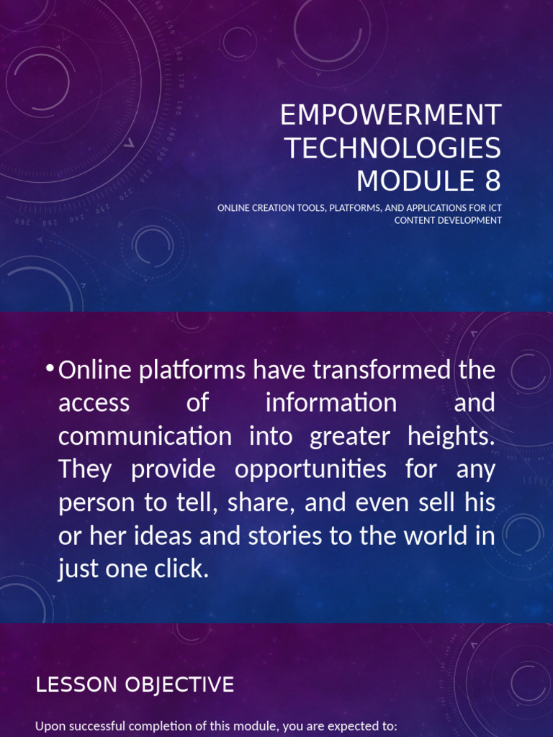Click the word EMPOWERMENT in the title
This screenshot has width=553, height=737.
pos(390,115)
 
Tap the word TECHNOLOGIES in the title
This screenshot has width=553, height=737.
pos(392,148)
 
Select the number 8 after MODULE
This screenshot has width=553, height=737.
pos(493,181)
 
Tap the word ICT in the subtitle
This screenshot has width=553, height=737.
pos(494,209)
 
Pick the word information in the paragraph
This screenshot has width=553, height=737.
pos(331,403)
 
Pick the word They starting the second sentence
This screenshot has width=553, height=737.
pos(85,469)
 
